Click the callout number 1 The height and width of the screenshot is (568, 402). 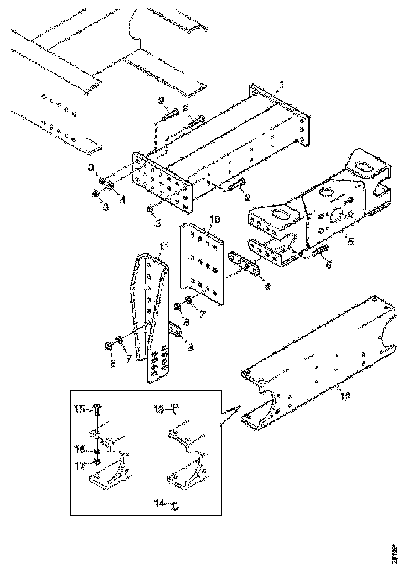tap(281, 84)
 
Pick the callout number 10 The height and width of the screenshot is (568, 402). tap(215, 219)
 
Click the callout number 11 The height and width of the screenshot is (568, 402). tap(164, 248)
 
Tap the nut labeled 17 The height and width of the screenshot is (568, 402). tap(98, 462)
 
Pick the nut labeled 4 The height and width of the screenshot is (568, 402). tap(110, 185)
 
